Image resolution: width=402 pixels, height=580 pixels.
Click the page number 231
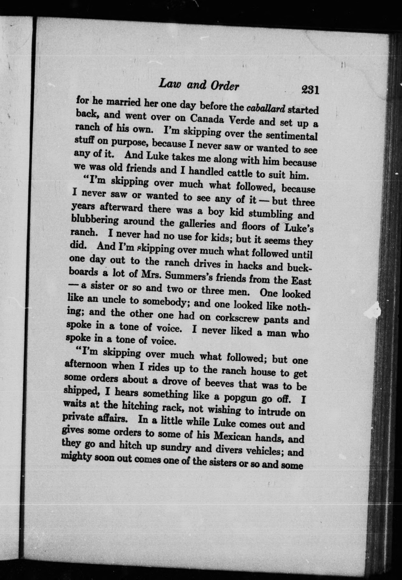(310, 90)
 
